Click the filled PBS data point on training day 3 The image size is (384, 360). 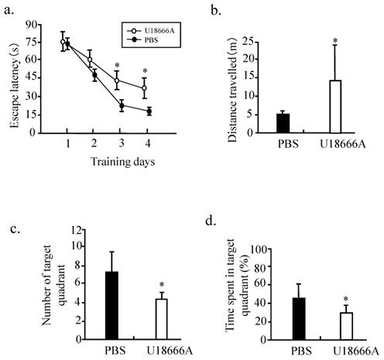coord(121,106)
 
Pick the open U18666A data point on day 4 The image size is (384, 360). coord(144,88)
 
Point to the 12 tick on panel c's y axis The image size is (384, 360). coord(78,230)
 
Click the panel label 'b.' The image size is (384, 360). coord(217,10)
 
